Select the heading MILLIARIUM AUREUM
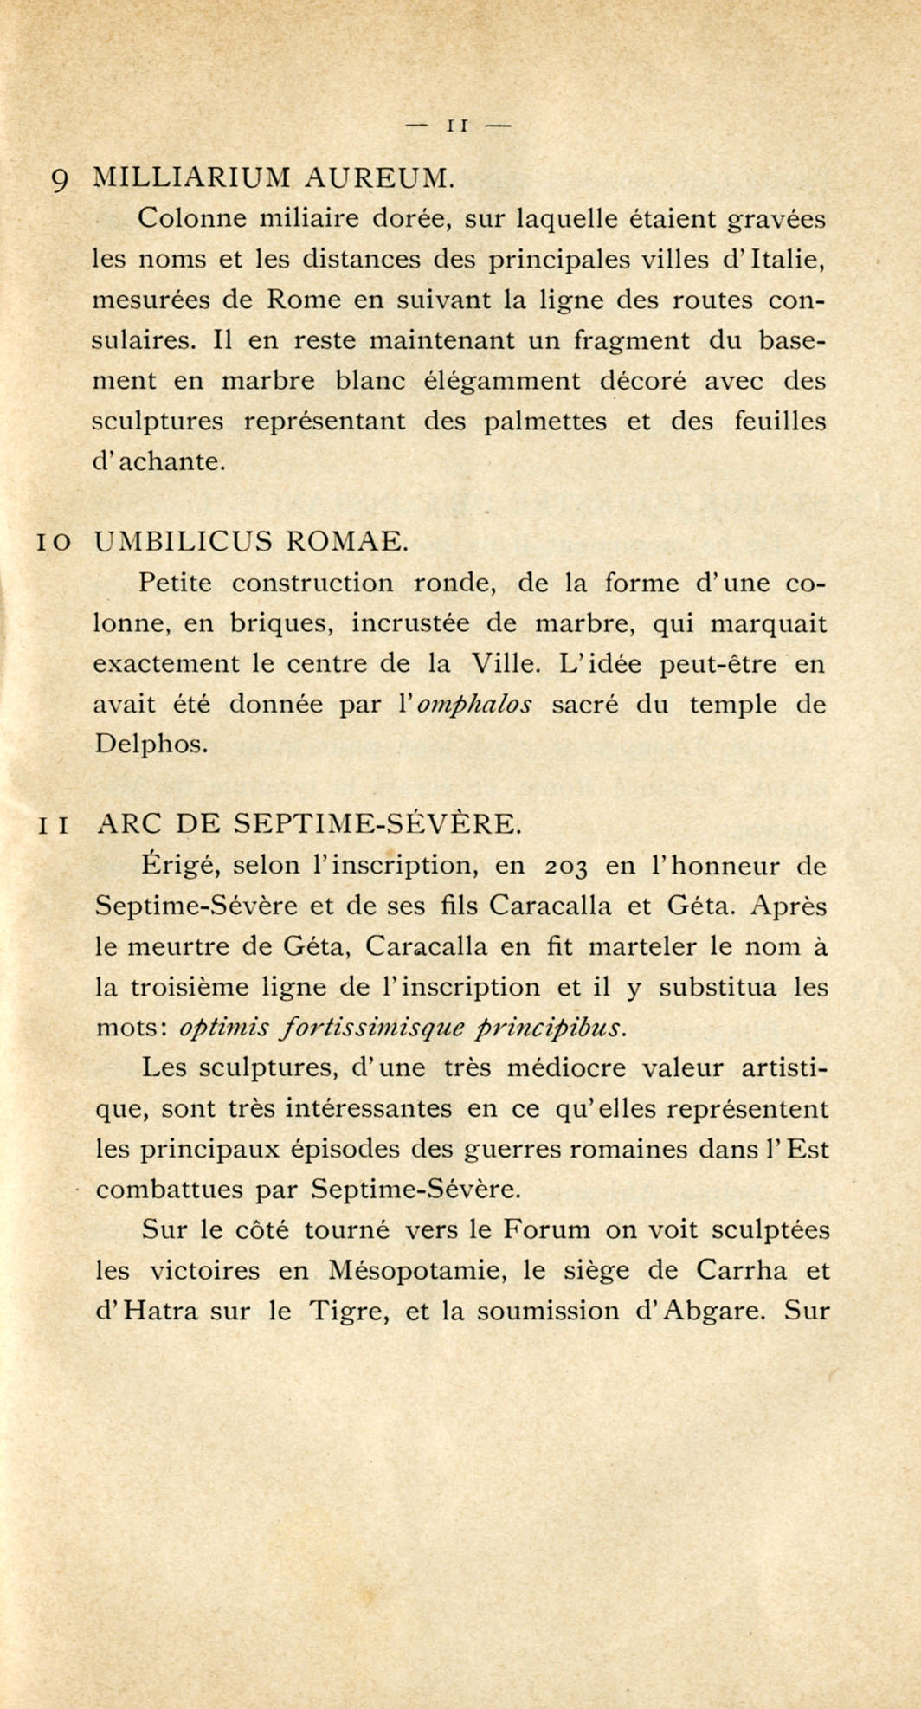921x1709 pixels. (273, 177)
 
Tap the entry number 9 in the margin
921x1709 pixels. (60, 180)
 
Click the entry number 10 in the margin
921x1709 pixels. (53, 542)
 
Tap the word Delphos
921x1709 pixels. (151, 745)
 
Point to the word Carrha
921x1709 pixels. (741, 1270)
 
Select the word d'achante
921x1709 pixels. (158, 461)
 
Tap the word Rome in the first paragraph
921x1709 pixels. (299, 300)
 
